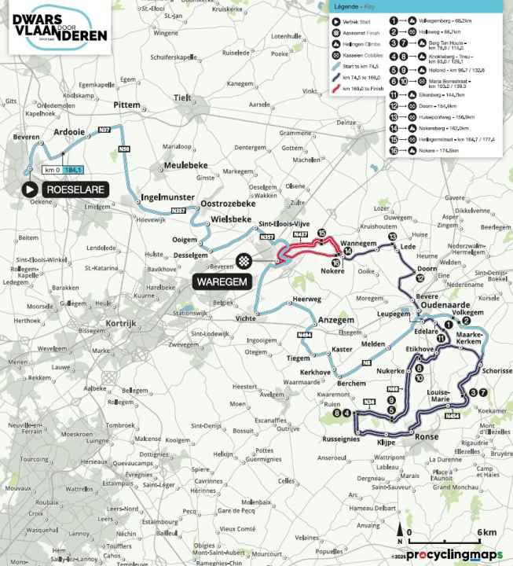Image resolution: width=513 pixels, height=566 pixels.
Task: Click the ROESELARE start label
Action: coord(77,189)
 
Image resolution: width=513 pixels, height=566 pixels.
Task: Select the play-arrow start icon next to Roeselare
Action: coord(29,189)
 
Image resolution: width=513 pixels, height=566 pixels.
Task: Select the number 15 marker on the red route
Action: coord(321,233)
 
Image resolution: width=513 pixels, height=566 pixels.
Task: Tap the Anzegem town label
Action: coord(339,320)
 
